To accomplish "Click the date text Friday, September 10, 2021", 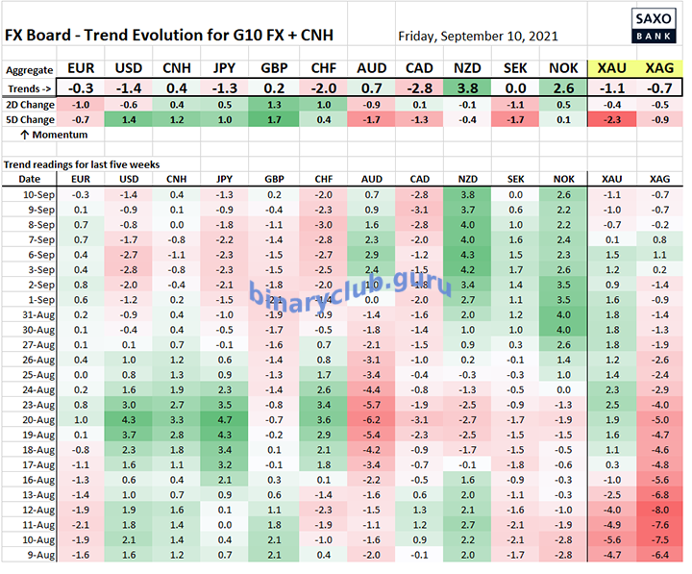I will pos(477,37).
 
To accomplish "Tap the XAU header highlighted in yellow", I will pos(610,69).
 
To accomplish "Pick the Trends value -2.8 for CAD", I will pos(418,87).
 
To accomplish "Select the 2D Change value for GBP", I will pos(272,104).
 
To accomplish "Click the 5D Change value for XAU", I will pos(610,119).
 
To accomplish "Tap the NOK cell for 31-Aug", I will pos(562,313).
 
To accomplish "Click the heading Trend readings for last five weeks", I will pos(81,164).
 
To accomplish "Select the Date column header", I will pos(30,179).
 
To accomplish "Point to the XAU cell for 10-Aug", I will pos(610,539).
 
